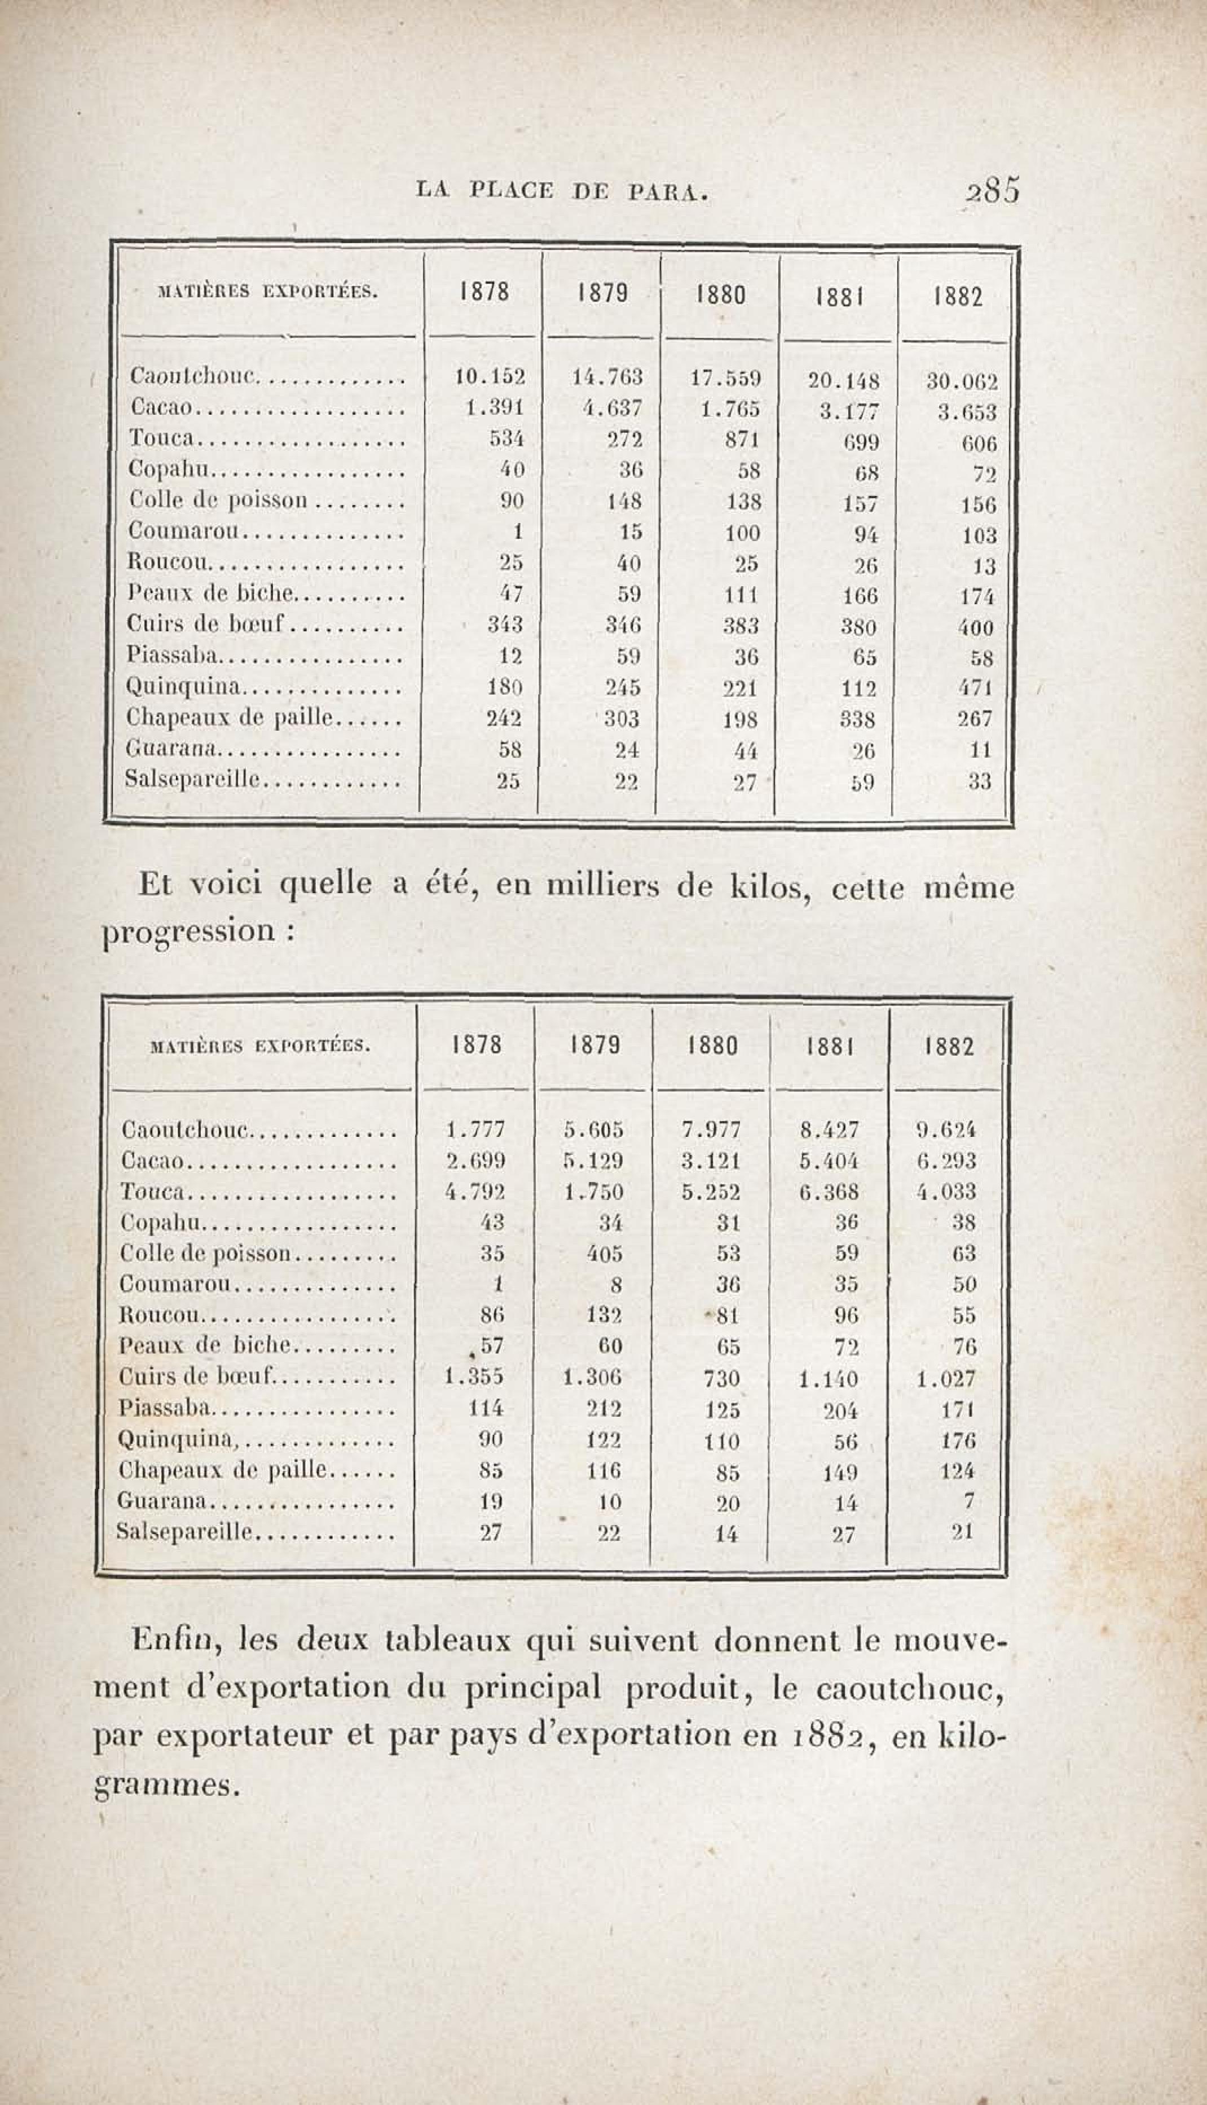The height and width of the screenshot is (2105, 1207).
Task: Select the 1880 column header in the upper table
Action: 720,295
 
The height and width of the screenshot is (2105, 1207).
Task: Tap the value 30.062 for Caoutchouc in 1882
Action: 962,382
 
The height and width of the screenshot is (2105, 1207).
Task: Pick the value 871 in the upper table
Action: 742,440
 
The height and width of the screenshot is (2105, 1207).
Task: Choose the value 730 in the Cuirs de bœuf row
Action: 721,1377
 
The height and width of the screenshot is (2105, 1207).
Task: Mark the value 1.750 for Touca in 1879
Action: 593,1192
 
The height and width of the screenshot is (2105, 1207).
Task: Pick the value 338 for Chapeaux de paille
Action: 858,719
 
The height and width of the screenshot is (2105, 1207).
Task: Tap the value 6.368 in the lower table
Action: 829,1192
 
